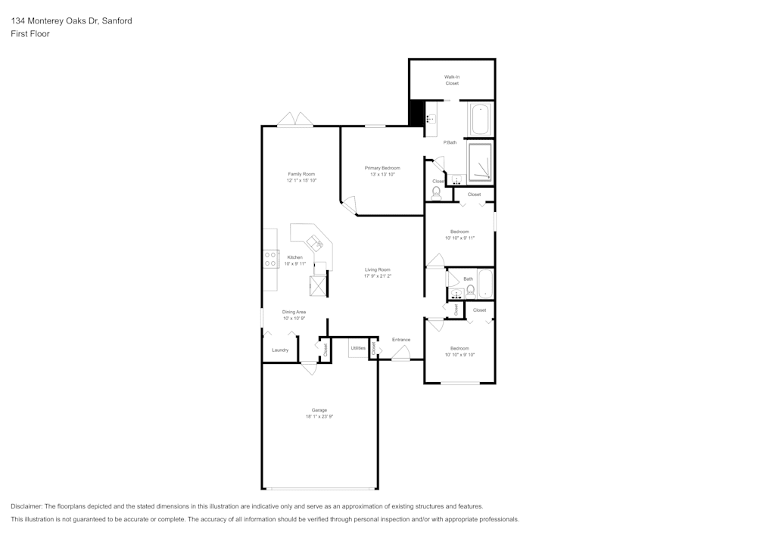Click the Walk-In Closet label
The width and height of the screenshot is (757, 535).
[452, 79]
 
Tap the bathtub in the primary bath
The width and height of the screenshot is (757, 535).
[481, 120]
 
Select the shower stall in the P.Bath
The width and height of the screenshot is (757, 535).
[480, 163]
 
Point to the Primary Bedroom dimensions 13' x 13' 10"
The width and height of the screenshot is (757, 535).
[382, 175]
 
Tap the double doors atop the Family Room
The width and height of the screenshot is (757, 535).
[294, 120]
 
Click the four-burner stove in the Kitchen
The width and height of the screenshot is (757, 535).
[270, 259]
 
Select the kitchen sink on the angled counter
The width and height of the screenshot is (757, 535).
[314, 243]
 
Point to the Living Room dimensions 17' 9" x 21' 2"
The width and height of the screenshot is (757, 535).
[378, 276]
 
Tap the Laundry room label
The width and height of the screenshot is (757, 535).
[280, 350]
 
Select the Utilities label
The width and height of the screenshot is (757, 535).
[358, 348]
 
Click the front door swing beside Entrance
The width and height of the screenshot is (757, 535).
[400, 353]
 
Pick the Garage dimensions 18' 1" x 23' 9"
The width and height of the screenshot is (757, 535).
[319, 416]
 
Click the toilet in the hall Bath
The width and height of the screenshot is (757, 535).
[470, 290]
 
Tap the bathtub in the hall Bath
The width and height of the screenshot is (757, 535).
[485, 285]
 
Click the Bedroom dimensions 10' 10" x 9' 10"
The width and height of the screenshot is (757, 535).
[459, 355]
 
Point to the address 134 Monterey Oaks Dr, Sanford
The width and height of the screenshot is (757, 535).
[71, 21]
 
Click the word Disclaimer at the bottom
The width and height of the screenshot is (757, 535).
[26, 506]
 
